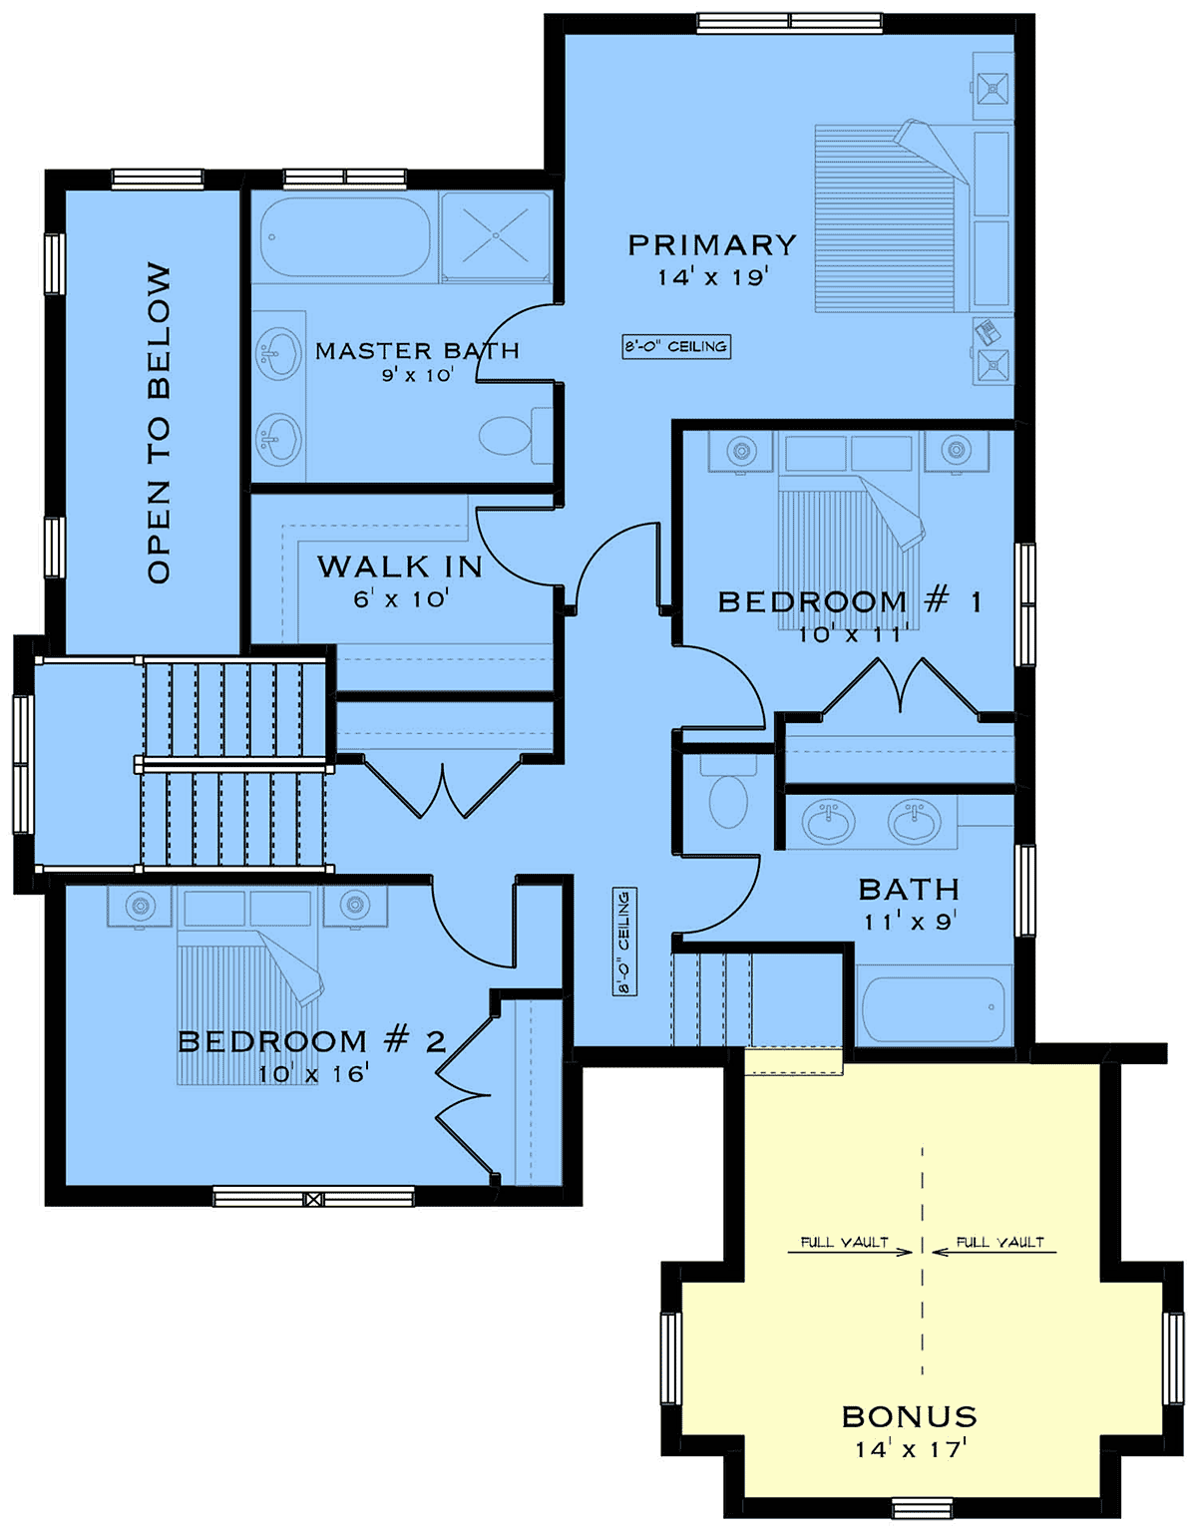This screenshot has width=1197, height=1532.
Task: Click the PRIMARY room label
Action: [712, 245]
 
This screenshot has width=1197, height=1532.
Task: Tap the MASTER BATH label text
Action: [417, 350]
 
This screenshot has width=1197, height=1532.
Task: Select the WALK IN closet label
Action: [400, 567]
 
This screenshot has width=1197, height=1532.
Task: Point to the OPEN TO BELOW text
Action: [160, 423]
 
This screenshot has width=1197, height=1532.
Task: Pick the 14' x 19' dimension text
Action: [712, 278]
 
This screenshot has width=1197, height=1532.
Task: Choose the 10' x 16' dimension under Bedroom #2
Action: [313, 1074]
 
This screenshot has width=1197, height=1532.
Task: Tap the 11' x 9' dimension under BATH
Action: [910, 922]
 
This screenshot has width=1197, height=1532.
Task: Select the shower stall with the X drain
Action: [496, 236]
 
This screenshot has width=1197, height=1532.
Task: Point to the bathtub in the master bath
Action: [345, 236]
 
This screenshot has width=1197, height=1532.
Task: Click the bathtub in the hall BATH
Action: [934, 1009]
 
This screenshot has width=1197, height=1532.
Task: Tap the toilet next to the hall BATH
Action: [728, 793]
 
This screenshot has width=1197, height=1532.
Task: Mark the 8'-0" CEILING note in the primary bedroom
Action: [676, 347]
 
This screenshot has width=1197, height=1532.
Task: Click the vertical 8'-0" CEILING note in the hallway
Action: [623, 942]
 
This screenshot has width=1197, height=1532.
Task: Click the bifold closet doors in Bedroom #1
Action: [900, 687]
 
